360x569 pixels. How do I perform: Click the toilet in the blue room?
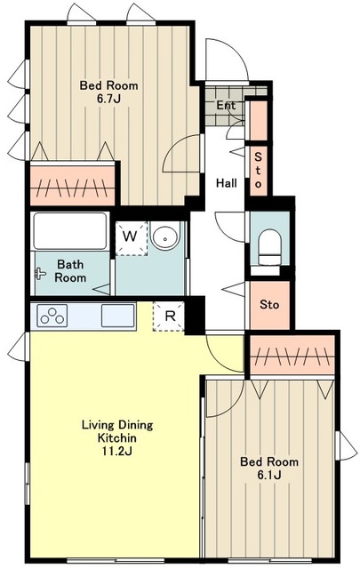click(x=269, y=250)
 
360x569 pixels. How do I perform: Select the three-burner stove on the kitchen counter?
click(x=52, y=316)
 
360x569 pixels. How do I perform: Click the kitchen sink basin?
click(x=117, y=316)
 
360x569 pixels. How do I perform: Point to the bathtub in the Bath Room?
click(x=70, y=231)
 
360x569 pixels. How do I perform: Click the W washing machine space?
click(x=132, y=238)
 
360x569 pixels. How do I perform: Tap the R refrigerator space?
click(x=169, y=316)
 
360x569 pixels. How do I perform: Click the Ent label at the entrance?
click(x=226, y=106)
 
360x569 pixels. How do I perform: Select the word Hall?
click(x=227, y=183)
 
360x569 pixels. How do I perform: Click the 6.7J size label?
click(x=108, y=99)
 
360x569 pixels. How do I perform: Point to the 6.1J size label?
click(x=268, y=475)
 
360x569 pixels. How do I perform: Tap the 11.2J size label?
click(x=116, y=451)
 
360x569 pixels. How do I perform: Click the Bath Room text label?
click(x=70, y=271)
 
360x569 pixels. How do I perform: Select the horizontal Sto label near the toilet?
click(x=269, y=304)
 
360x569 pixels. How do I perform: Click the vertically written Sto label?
click(x=258, y=170)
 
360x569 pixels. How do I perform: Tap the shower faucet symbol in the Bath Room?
click(x=40, y=273)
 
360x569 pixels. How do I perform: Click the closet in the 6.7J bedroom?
click(x=73, y=185)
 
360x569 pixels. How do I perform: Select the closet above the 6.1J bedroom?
click(x=292, y=356)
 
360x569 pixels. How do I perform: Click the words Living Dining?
click(x=117, y=425)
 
